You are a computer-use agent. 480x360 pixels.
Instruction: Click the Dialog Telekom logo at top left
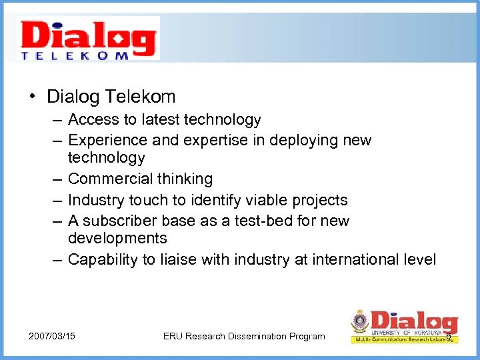click(89, 39)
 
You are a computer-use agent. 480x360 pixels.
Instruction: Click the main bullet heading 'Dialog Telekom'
click(111, 97)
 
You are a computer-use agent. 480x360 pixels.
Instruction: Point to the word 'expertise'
click(216, 141)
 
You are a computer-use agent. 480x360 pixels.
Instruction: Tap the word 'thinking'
click(185, 179)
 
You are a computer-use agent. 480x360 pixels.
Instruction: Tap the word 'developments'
click(117, 239)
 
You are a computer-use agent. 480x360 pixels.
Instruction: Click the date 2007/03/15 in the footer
click(52, 336)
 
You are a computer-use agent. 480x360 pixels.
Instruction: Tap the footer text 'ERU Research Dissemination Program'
click(244, 336)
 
